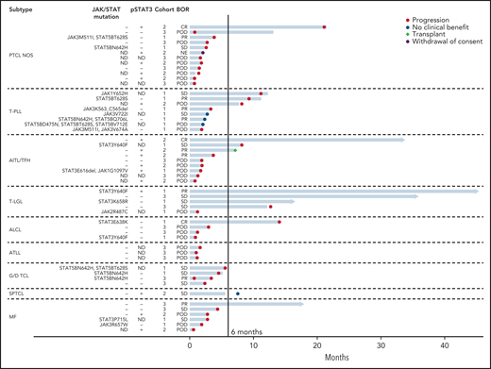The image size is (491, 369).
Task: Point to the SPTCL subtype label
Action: (19, 293)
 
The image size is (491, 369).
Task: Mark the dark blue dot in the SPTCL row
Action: (237, 294)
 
